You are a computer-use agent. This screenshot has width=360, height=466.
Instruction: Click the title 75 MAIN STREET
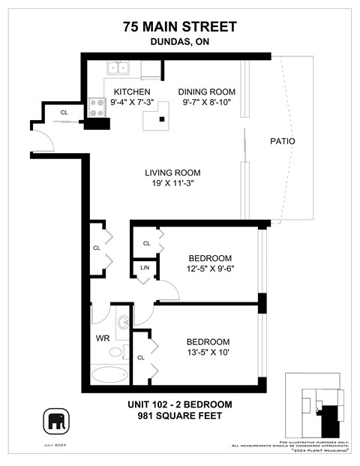tap(180, 27)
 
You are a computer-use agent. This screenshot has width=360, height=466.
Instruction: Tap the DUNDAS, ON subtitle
tap(180, 43)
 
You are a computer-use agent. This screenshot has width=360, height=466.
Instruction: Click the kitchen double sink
tap(118, 68)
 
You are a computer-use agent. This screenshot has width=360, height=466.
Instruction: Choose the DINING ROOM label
tap(207, 92)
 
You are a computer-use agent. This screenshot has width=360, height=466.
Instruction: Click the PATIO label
tap(282, 141)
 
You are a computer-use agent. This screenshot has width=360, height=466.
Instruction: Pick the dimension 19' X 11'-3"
tap(172, 183)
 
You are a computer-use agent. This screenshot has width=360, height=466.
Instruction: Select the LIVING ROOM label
tap(172, 173)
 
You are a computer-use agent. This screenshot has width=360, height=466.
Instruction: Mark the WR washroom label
tap(103, 338)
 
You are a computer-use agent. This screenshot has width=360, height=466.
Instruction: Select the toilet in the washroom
tap(117, 351)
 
